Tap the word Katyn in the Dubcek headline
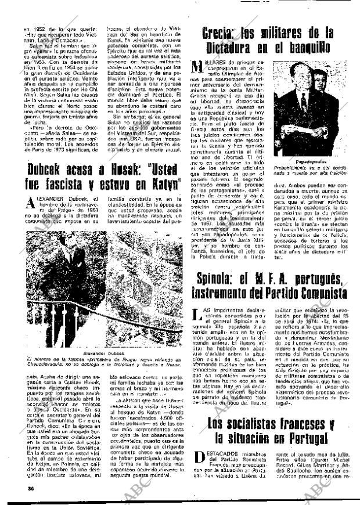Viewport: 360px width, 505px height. click(165, 186)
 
